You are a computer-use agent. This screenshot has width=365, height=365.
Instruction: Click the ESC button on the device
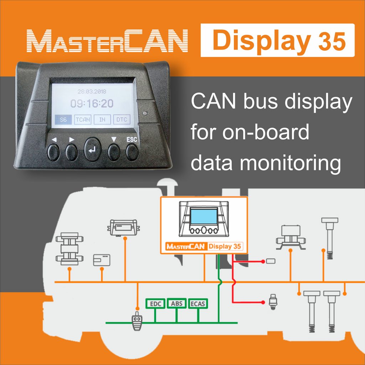click(132, 152)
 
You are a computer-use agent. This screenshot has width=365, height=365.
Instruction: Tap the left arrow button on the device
click(53, 152)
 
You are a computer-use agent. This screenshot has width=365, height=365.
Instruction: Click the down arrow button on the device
click(114, 152)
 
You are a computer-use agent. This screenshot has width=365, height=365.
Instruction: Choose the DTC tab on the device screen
click(122, 120)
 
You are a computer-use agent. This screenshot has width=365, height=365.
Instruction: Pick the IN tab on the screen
click(102, 120)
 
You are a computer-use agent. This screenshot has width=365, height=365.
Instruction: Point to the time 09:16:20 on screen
click(92, 104)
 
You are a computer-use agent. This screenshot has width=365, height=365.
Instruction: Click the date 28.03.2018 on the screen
click(92, 92)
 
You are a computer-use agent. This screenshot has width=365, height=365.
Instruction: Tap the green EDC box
click(155, 304)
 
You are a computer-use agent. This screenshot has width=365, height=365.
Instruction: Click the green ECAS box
click(198, 304)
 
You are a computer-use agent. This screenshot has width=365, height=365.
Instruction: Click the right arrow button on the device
click(72, 152)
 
